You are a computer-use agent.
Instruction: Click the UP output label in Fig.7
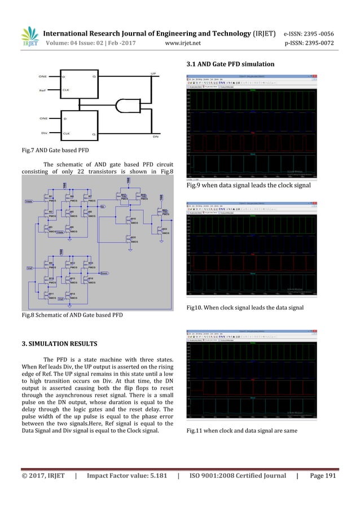(x=153, y=73)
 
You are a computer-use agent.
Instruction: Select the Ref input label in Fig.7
(x=43, y=90)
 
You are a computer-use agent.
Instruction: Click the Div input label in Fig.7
(x=43, y=134)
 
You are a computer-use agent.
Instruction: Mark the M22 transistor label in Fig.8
(x=164, y=229)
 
